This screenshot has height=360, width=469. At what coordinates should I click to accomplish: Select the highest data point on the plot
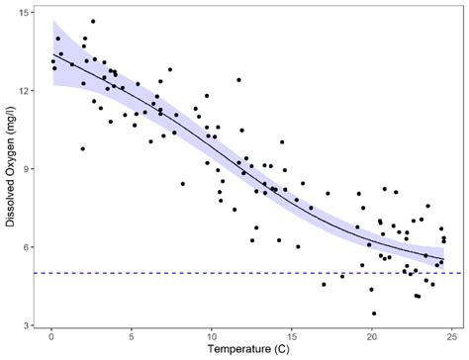[93, 21]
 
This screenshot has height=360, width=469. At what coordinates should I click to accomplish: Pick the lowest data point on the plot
[374, 314]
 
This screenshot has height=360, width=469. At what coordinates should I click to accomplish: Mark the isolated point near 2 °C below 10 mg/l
[83, 149]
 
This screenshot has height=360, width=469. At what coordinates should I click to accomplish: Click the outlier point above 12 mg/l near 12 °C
[238, 80]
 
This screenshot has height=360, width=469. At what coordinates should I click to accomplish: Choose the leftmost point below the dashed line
[324, 284]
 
